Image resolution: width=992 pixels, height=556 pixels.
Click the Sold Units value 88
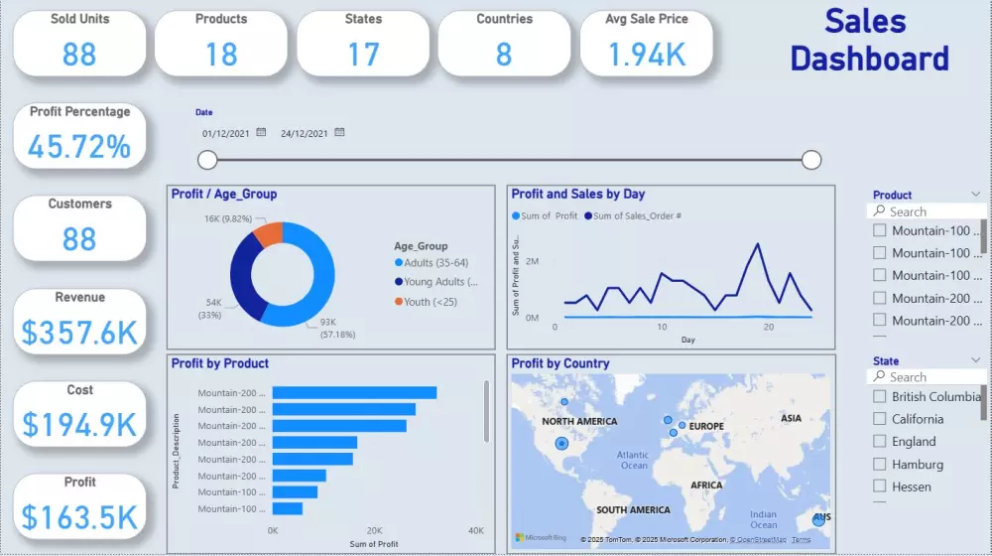pyautogui.click(x=79, y=54)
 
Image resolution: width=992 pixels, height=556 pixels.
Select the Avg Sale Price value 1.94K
pyautogui.click(x=647, y=54)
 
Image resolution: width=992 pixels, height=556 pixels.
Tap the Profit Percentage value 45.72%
pyautogui.click(x=79, y=147)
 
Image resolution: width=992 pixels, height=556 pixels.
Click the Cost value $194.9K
pyautogui.click(x=79, y=425)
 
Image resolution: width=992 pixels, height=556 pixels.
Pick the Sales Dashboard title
pyautogui.click(x=869, y=40)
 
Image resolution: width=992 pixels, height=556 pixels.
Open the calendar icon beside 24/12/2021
pyautogui.click(x=339, y=132)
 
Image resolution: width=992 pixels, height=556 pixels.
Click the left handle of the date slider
pyautogui.click(x=207, y=160)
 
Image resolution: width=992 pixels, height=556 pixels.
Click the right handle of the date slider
pyautogui.click(x=811, y=160)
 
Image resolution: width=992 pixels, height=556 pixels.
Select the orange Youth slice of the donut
pyautogui.click(x=269, y=234)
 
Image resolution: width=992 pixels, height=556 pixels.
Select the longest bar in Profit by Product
pyautogui.click(x=354, y=393)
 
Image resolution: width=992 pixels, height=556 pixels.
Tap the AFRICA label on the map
pyautogui.click(x=706, y=486)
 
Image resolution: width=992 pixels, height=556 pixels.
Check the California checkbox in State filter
pyautogui.click(x=879, y=419)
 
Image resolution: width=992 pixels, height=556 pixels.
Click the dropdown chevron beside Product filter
pyautogui.click(x=976, y=195)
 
